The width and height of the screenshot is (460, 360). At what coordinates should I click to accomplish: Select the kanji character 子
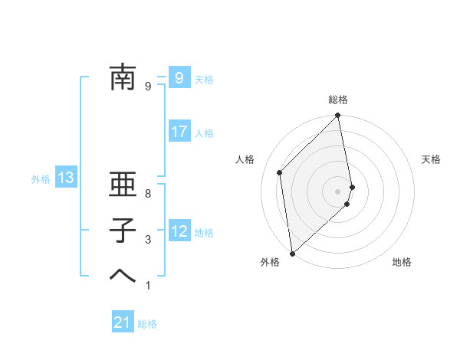122,230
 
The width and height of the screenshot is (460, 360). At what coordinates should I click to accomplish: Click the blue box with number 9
179,77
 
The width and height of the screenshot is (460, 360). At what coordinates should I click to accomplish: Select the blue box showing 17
179,132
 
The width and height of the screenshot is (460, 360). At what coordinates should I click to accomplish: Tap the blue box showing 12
179,231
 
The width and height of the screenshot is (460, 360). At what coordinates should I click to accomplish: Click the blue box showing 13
65,178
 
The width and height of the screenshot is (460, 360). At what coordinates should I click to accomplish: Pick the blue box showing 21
123,322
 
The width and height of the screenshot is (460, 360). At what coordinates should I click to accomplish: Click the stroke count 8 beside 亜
148,194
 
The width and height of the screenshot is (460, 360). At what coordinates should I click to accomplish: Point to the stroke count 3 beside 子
148,240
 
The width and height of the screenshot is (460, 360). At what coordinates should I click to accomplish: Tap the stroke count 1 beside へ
148,286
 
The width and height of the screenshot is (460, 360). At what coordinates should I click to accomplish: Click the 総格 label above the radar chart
338,100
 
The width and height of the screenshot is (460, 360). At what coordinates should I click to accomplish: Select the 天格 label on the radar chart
431,159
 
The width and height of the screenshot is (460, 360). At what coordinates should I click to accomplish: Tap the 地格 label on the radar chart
402,262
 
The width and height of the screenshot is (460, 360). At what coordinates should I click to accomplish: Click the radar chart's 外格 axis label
270,262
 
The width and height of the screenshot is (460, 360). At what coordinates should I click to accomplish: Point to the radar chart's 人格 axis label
245,159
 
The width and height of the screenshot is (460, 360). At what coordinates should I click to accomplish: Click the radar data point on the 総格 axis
338,116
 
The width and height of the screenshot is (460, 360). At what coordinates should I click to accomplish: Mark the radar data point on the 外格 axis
292,253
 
